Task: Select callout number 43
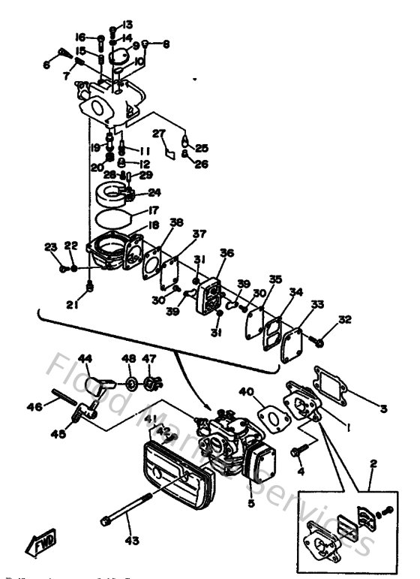pyautogui.click(x=131, y=540)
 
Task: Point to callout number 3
pyautogui.click(x=383, y=409)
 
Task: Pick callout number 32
pyautogui.click(x=344, y=319)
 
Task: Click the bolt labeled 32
pyautogui.click(x=319, y=342)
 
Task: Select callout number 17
pyautogui.click(x=152, y=211)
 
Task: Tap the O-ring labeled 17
pyautogui.click(x=112, y=219)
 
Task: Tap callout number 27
pyautogui.click(x=159, y=134)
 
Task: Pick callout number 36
pyautogui.click(x=226, y=253)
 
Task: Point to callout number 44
pyautogui.click(x=85, y=357)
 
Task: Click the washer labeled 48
pyautogui.click(x=130, y=384)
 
